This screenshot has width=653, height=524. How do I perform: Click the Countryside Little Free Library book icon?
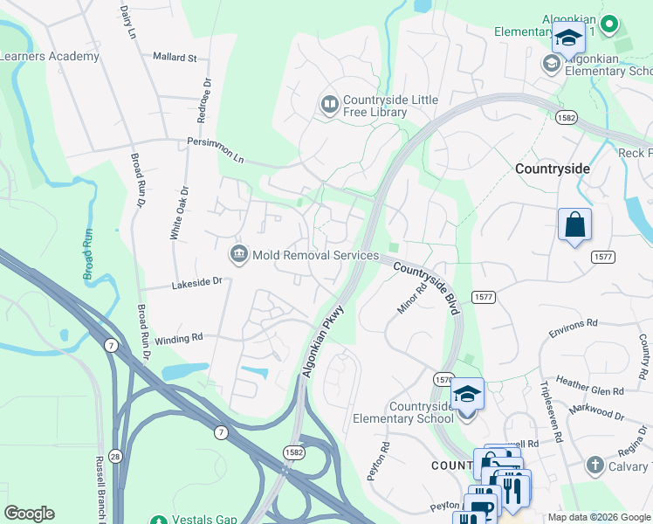point(329,106)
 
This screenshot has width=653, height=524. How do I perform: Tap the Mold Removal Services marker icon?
point(237,255)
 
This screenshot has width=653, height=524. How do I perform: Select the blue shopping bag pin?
point(574,225)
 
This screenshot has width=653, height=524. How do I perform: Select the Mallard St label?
point(175,58)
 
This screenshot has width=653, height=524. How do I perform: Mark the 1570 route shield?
point(443,379)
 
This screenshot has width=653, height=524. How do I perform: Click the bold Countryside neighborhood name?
point(553,169)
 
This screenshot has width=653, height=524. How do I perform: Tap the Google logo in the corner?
point(29,514)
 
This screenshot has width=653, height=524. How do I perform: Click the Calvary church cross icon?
point(595,465)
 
